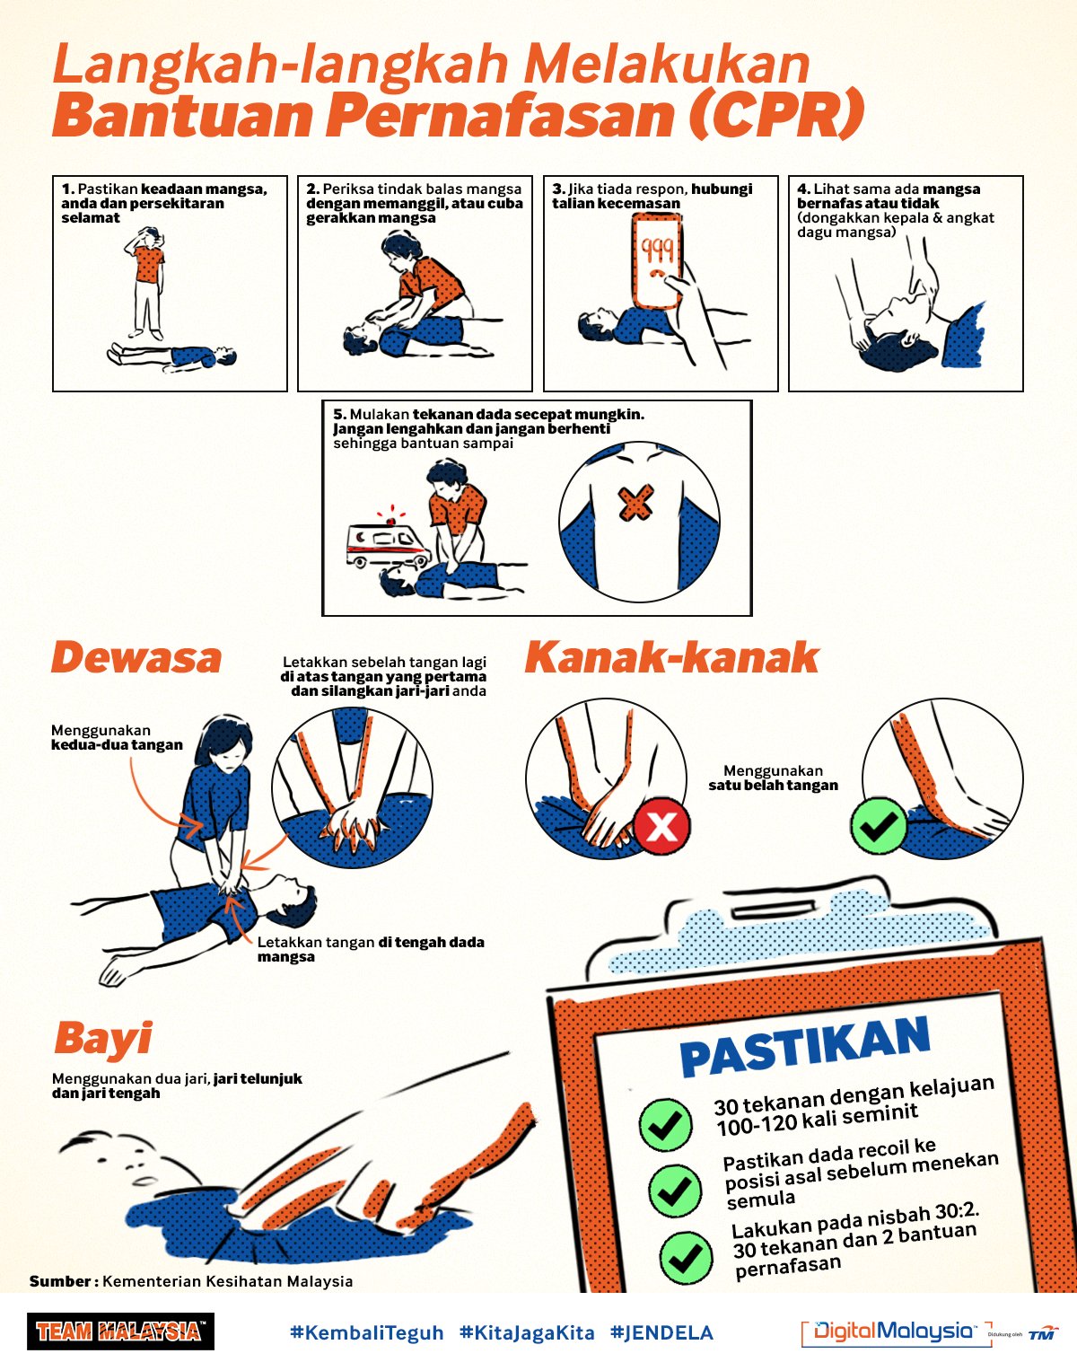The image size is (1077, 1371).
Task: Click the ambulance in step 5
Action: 387,542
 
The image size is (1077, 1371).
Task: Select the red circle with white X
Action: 661,825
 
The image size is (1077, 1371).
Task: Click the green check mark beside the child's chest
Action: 879,825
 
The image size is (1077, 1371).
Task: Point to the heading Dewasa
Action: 136,658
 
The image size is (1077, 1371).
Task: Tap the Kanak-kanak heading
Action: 671,658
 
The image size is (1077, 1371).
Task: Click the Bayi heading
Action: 103,1038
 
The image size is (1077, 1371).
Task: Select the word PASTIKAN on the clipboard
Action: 804,1047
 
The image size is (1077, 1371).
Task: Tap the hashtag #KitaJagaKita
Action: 527,1332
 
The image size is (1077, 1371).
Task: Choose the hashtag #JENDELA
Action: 661,1332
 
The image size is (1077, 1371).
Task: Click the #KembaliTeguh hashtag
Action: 367,1332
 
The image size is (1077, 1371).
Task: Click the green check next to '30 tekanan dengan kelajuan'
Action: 665,1124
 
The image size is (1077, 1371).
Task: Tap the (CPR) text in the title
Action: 776,115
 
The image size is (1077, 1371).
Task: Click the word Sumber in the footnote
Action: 60,1281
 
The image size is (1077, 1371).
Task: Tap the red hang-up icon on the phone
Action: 658,275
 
